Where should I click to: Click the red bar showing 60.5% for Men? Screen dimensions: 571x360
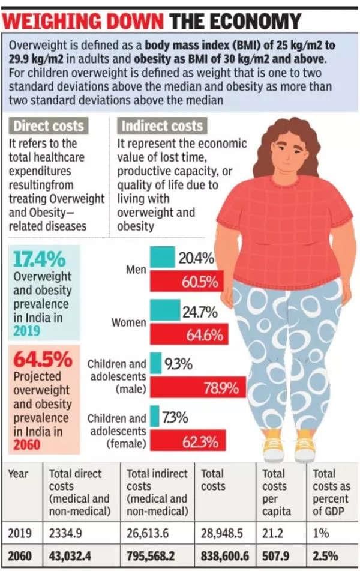187,280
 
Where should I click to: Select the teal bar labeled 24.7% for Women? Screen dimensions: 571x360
164,310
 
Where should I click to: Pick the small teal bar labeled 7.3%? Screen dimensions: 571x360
154,416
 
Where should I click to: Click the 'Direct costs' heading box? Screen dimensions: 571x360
49,126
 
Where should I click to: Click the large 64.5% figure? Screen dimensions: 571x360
43,361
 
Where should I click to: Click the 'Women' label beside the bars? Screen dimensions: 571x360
128,322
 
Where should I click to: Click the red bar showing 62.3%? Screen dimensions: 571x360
188,444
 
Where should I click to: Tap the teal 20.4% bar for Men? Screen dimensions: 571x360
162,258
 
